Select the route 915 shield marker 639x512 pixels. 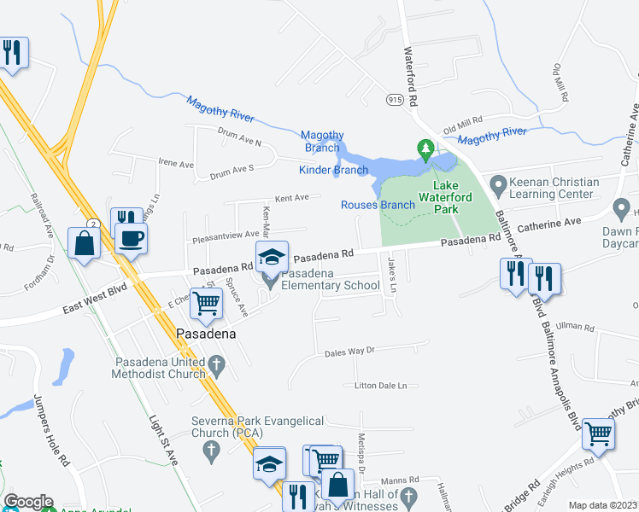coord(394,101)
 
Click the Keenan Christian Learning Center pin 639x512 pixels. coord(497,182)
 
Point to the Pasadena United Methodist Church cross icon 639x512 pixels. coord(217,368)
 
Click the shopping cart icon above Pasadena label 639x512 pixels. coord(206,302)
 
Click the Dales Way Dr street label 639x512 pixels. coord(350,351)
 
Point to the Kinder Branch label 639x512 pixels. coord(333,170)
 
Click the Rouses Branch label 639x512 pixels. coord(378,205)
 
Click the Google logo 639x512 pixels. coord(28,502)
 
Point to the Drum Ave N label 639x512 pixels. coord(239,143)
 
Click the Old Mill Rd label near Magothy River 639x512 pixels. coord(463,119)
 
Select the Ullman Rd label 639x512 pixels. coord(574,326)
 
